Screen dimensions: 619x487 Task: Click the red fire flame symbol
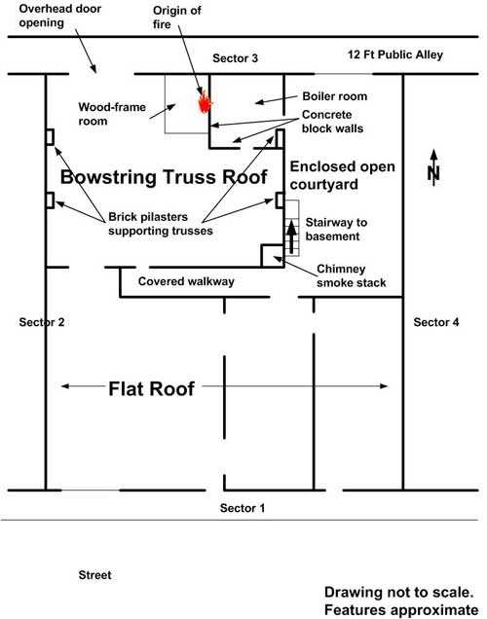pyautogui.click(x=205, y=101)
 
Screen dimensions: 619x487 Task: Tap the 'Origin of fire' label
pyautogui.click(x=180, y=18)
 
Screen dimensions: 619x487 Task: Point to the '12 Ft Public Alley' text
pyautogui.click(x=395, y=55)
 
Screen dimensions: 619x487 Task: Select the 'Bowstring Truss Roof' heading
pyautogui.click(x=164, y=178)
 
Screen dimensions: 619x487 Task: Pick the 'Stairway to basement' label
pyautogui.click(x=333, y=230)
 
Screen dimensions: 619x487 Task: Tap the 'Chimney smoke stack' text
pyautogui.click(x=352, y=276)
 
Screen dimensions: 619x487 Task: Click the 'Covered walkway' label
pyautogui.click(x=187, y=281)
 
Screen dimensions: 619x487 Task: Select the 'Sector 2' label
pyautogui.click(x=42, y=321)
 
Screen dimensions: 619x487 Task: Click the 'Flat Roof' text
pyautogui.click(x=151, y=389)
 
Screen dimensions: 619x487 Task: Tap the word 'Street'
pyautogui.click(x=94, y=575)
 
